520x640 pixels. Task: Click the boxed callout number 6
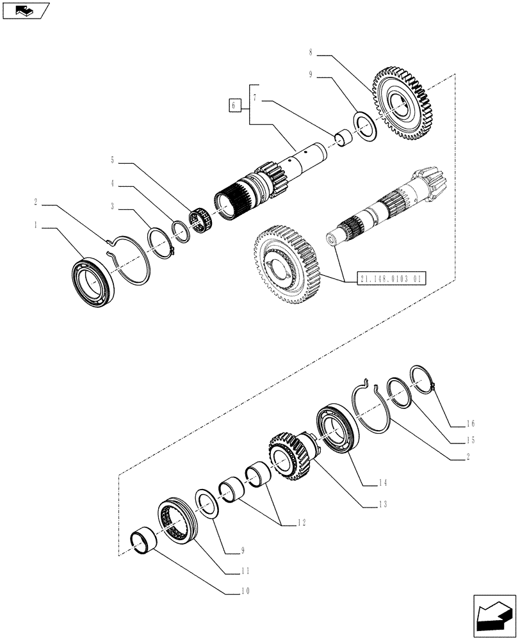pyautogui.click(x=235, y=104)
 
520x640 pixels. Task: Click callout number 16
pyautogui.click(x=470, y=423)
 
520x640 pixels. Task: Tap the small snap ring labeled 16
pyautogui.click(x=423, y=378)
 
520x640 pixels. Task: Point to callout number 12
pyautogui.click(x=302, y=522)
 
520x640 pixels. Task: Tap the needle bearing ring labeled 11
pyautogui.click(x=179, y=518)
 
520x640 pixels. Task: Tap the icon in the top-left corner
pyautogui.click(x=24, y=10)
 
